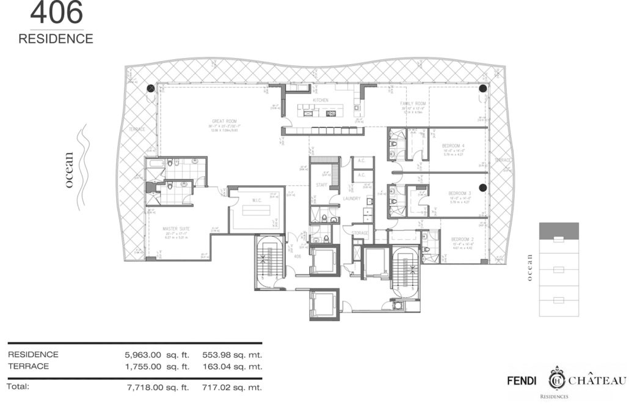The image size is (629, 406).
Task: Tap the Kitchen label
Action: click(321, 100)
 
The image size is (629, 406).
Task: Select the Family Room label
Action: click(413, 104)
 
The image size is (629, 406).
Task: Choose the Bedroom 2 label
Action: click(462, 239)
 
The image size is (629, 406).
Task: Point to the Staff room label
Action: click(321, 185)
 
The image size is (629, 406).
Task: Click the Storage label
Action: click(361, 233)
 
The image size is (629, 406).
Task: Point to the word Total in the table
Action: click(18, 386)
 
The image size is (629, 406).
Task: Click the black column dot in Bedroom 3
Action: click(482, 188)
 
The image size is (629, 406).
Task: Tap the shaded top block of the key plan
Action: click(559, 231)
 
